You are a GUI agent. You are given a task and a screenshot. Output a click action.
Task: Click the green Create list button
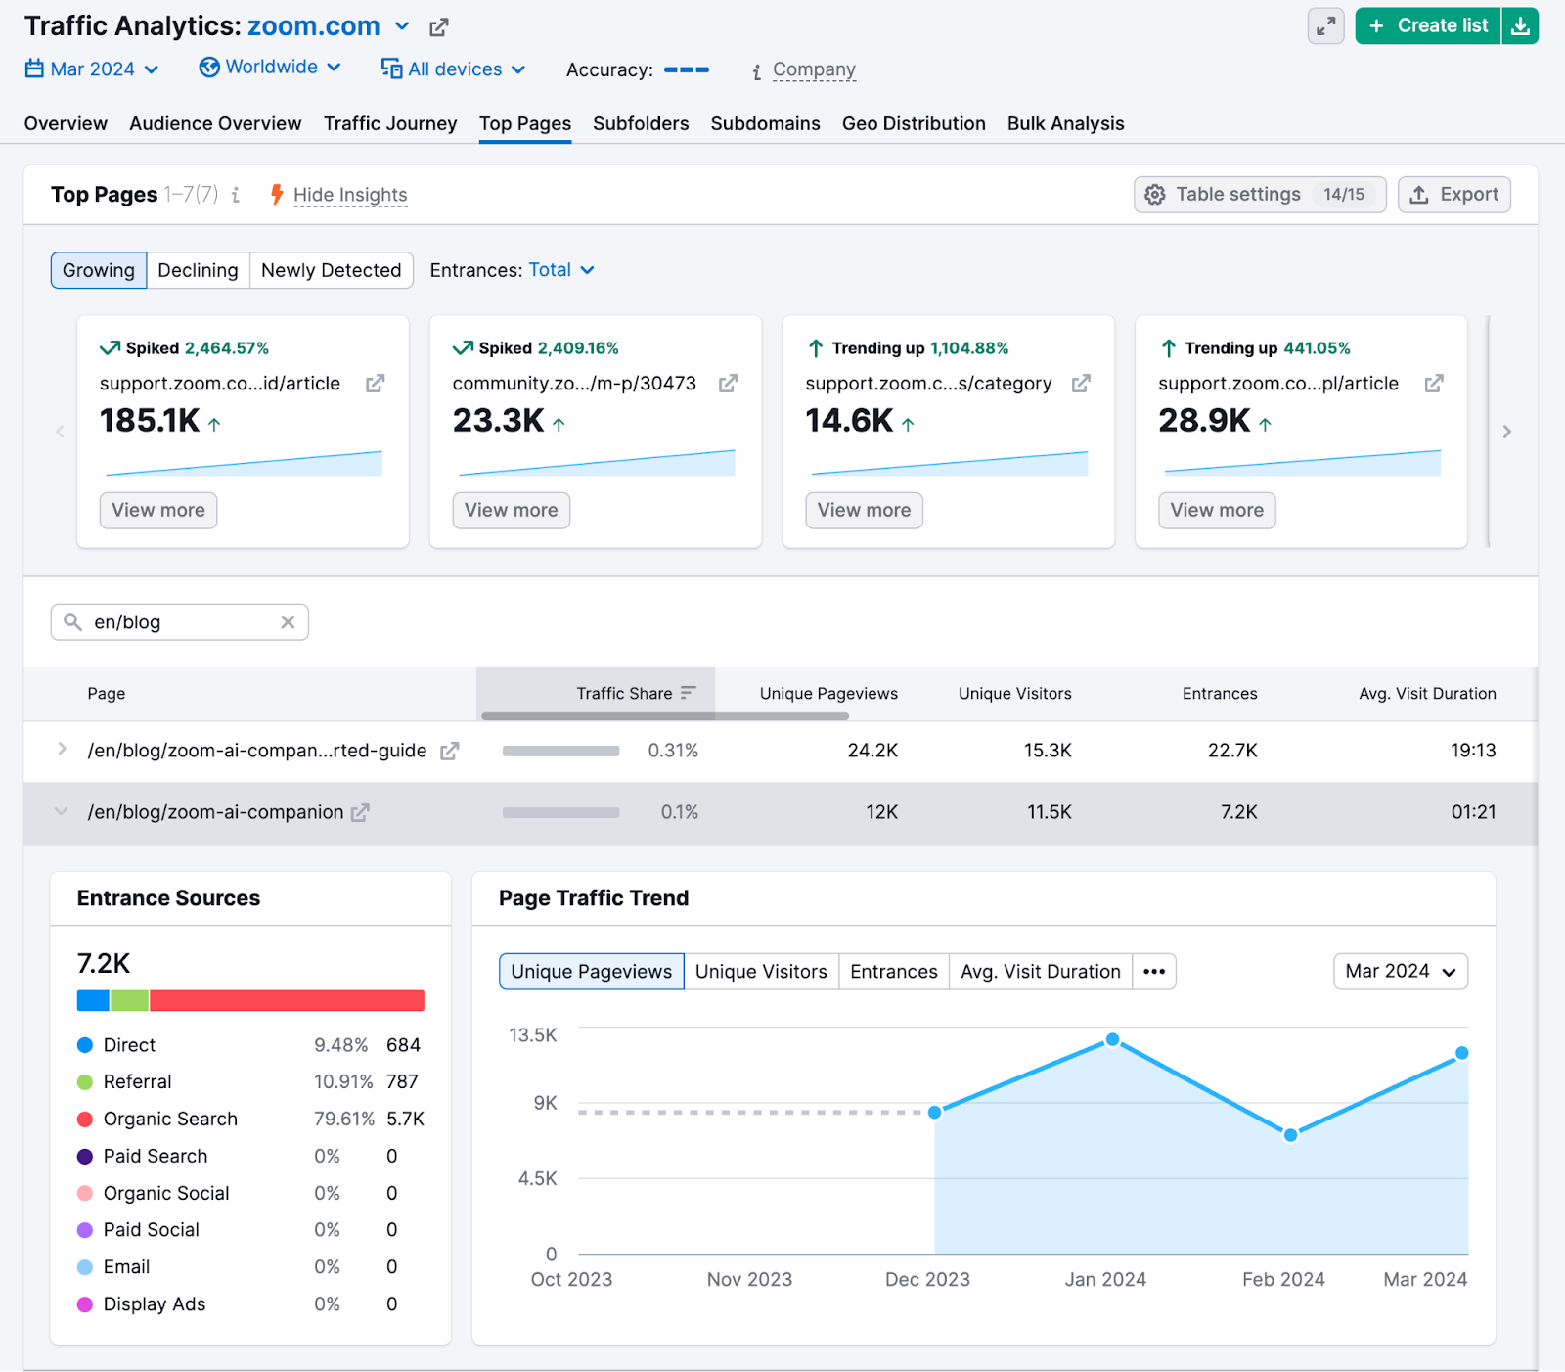1429,26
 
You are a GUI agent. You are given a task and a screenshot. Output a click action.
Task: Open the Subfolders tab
641,123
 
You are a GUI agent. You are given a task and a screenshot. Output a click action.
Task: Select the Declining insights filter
198,270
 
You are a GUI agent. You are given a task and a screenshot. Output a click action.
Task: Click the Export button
1453,195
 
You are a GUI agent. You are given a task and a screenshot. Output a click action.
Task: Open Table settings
1259,195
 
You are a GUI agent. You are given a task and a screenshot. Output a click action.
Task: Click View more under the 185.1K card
158,510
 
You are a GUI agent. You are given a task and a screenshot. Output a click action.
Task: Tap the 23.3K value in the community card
498,421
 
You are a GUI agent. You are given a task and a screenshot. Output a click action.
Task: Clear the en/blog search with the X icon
288,622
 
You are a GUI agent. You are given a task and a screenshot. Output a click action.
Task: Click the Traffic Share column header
624,694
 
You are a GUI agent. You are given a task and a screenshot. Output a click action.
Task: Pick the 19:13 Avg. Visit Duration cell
1472,751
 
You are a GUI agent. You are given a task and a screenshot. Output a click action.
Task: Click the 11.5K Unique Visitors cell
1049,812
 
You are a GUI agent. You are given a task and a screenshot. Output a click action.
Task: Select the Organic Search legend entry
170,1119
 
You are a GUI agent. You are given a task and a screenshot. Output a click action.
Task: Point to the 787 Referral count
402,1081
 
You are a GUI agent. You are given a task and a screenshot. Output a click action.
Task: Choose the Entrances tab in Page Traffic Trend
893,972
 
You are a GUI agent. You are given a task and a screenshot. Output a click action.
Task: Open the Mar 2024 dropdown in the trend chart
1400,972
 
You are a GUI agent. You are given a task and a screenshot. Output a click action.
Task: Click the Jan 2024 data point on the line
1112,1040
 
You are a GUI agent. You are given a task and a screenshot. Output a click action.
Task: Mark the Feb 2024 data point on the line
1290,1135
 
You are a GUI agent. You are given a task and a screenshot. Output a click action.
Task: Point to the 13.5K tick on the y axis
533,1035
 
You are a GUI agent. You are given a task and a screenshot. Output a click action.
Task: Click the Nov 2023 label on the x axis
749,1279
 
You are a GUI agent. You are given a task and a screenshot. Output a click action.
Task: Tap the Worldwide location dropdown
270,68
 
